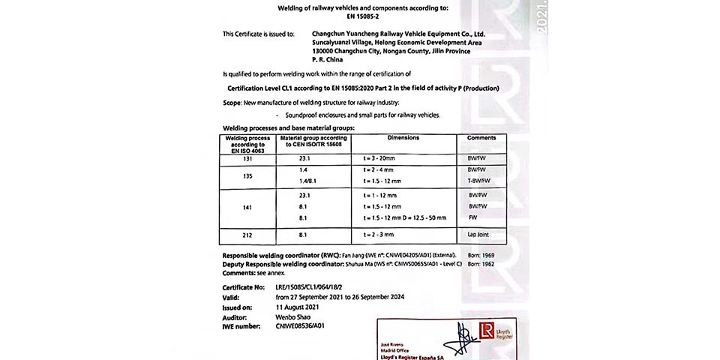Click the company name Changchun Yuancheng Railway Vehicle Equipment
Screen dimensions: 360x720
[399, 34]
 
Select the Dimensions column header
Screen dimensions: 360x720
[403, 139]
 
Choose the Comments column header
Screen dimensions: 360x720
[481, 139]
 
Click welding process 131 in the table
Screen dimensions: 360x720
[248, 160]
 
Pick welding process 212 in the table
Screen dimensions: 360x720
[248, 235]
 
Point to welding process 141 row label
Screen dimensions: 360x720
[248, 205]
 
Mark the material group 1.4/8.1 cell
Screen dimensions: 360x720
[309, 181]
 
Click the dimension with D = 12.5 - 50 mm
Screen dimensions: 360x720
[404, 217]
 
